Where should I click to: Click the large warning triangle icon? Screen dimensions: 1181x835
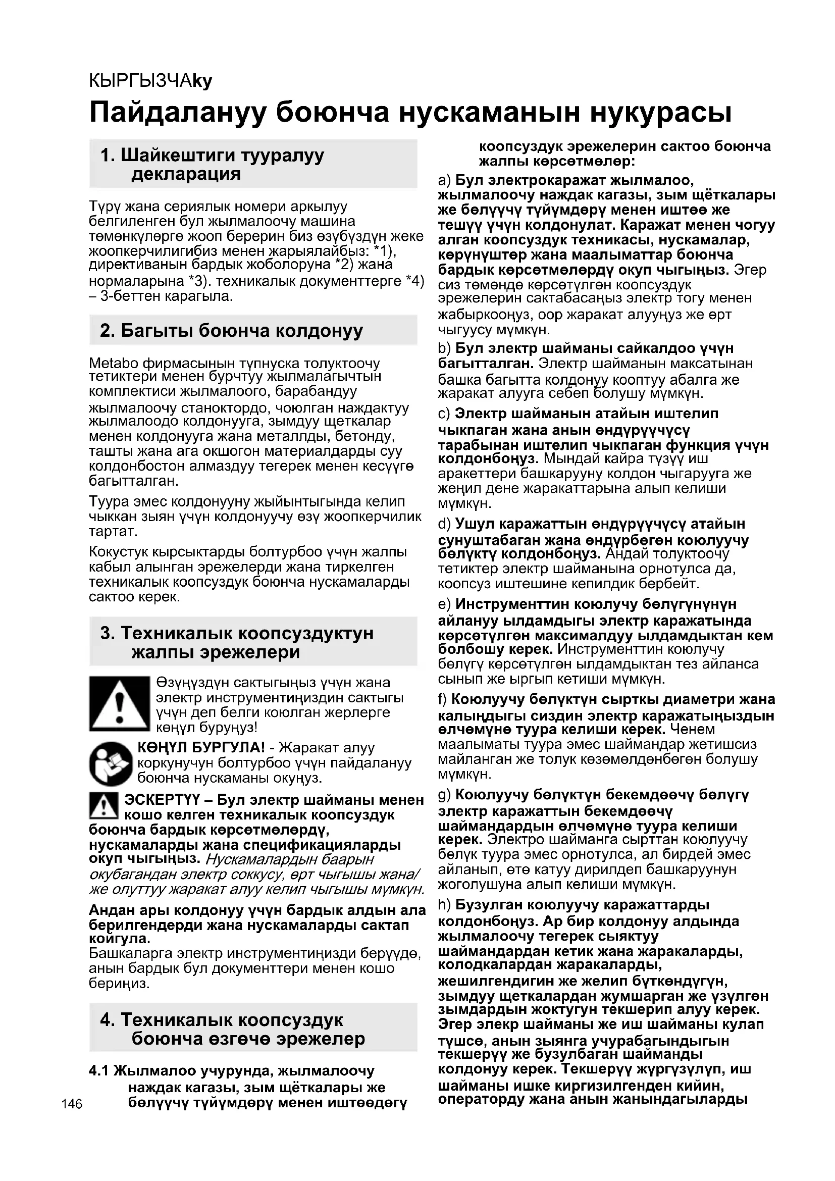tap(119, 704)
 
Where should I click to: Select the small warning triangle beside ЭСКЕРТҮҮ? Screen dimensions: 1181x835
tap(104, 805)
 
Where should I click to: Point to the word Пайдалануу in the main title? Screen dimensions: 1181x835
tap(178, 113)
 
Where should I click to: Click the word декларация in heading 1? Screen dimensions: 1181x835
tap(186, 174)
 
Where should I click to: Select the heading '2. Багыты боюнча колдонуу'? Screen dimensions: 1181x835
tap(231, 330)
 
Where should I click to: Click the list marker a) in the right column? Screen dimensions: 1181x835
tap(444, 181)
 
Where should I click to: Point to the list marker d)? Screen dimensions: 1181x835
tap(444, 524)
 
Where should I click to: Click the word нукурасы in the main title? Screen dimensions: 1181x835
tap(660, 113)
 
